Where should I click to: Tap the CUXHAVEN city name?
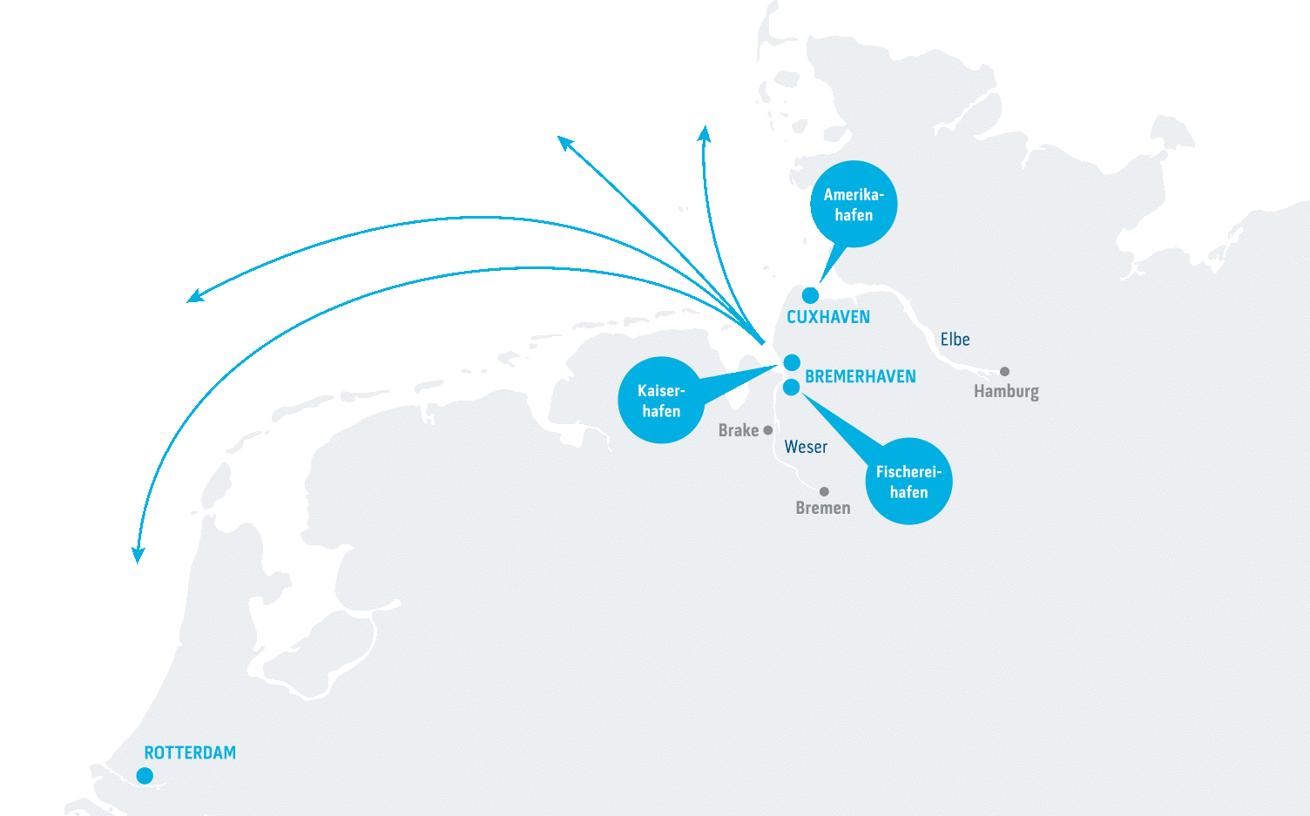point(828,318)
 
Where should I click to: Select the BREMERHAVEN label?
point(861,377)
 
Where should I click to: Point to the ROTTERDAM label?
point(190,753)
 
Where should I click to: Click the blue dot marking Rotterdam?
point(145,776)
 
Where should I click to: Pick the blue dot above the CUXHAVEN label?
point(810,295)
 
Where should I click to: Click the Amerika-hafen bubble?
point(854,205)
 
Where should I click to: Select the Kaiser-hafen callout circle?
point(661,401)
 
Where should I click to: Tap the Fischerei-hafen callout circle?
point(908,482)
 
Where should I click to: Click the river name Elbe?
point(955,340)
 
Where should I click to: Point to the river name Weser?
point(806,448)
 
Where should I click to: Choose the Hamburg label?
point(1006,392)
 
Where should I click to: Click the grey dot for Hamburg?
point(1004,372)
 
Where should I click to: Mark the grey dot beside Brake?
point(767,430)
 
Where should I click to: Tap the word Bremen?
point(823,509)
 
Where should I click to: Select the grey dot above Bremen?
point(824,492)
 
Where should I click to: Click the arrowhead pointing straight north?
point(704,132)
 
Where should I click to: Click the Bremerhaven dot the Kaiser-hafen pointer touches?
point(792,362)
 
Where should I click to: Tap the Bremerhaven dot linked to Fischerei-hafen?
point(791,388)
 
